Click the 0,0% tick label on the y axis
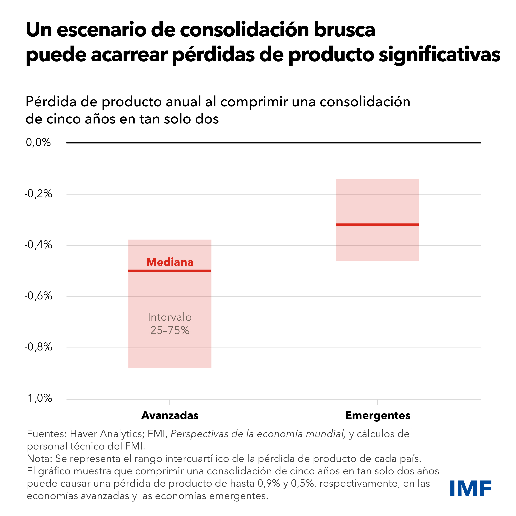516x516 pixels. [x=38, y=142]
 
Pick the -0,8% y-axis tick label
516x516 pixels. [x=38, y=347]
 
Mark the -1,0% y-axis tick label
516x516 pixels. [x=38, y=398]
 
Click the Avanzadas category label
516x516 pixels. [x=170, y=415]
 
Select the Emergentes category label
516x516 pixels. [x=378, y=415]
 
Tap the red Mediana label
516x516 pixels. [x=170, y=262]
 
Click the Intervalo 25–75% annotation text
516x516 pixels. [x=170, y=324]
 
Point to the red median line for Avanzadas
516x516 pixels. [x=170, y=271]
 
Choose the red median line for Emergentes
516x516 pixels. [x=377, y=225]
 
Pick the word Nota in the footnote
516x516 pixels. [x=39, y=459]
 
